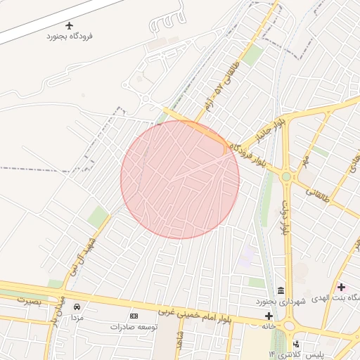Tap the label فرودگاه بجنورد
click(70, 36)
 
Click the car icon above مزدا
click(77, 307)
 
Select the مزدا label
click(77, 318)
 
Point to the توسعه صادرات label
click(134, 327)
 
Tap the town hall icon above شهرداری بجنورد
click(281, 291)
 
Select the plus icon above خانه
click(269, 316)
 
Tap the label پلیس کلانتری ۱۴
click(296, 354)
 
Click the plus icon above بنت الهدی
click(342, 287)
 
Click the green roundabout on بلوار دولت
click(286, 176)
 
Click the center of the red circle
click(180, 179)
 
